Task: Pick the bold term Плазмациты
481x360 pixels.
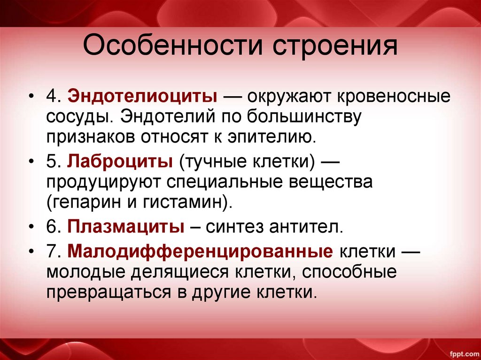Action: point(126,228)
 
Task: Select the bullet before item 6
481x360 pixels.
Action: point(31,228)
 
